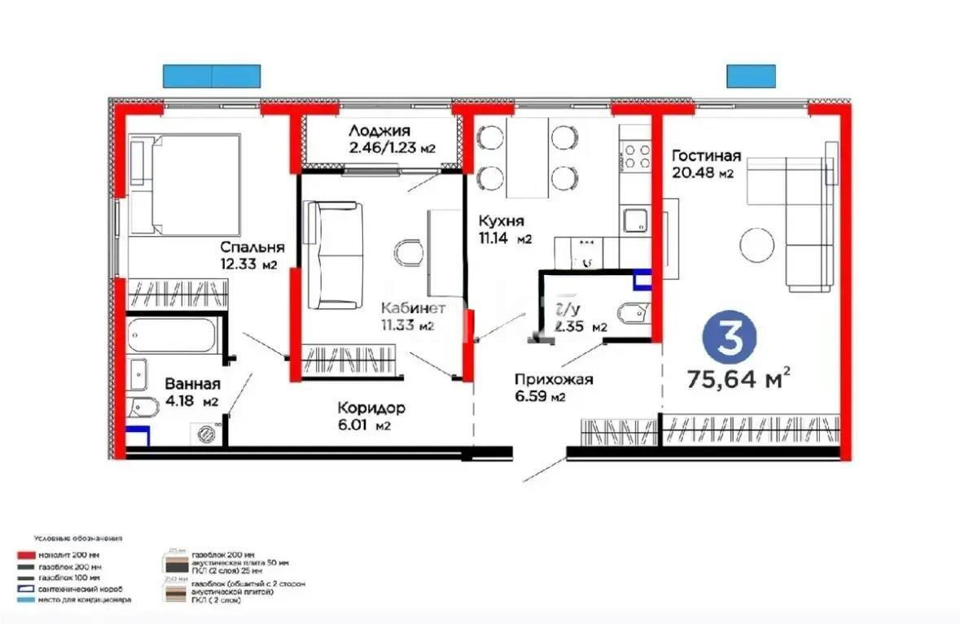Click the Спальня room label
click(252, 247)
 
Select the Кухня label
click(502, 221)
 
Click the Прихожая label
click(553, 379)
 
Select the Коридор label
click(371, 408)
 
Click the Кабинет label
click(414, 309)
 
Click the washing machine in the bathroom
click(207, 432)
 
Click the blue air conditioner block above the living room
click(751, 76)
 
